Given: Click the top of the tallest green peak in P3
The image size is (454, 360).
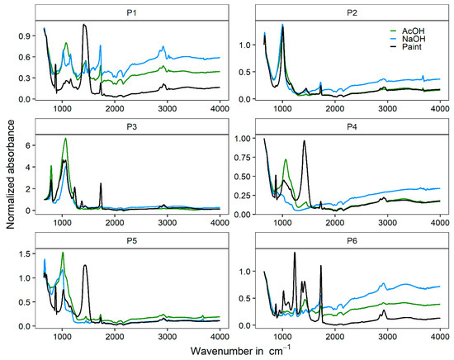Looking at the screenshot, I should click(65, 139).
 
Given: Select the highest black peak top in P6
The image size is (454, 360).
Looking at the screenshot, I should click(295, 253).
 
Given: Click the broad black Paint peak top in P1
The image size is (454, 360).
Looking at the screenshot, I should click(84, 25).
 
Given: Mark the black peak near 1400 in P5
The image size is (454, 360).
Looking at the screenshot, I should click(84, 265).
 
